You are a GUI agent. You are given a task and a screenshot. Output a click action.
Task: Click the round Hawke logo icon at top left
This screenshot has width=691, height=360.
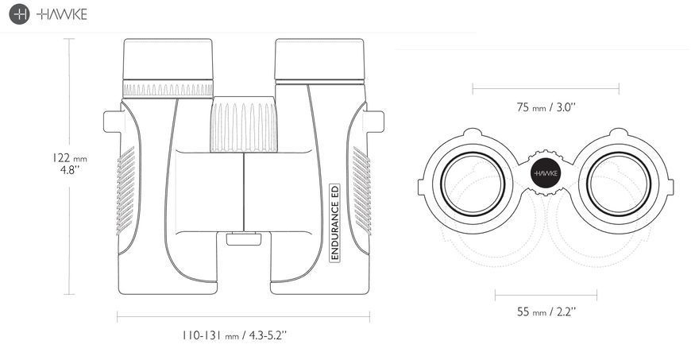pos(19,14)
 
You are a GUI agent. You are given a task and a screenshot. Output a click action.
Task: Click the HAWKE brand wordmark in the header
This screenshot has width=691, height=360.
pos(62,14)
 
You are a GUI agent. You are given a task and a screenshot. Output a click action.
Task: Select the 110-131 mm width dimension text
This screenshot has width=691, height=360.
pos(234,335)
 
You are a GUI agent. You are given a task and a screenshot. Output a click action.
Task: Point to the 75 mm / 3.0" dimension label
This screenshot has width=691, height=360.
pos(546,107)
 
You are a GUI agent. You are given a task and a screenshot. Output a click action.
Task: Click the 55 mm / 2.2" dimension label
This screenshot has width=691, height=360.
pos(546,312)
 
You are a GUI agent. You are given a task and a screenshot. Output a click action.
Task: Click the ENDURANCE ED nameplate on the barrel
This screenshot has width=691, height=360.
pos(335,223)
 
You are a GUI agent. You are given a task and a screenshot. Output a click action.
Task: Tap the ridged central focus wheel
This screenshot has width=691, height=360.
pos(244,124)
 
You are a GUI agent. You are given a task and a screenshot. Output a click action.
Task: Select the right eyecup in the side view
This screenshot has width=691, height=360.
pos(319,59)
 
